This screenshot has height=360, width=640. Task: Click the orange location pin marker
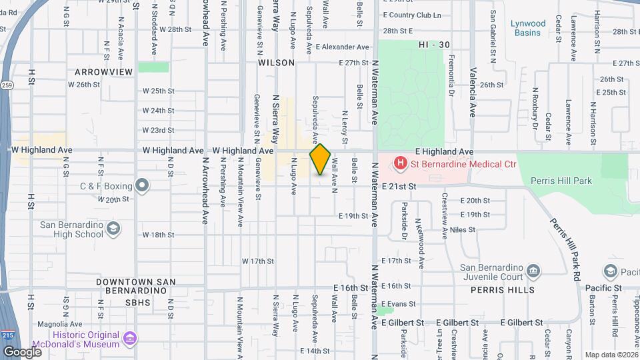pyautogui.click(x=321, y=159)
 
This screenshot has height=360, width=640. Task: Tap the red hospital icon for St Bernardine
pyautogui.click(x=401, y=162)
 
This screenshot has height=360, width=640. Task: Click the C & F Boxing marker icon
pyautogui.click(x=141, y=185)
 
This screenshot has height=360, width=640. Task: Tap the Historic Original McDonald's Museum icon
pyautogui.click(x=129, y=339)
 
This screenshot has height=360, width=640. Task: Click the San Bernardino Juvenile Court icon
pyautogui.click(x=533, y=270)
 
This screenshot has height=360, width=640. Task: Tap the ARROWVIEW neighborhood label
pyautogui.click(x=103, y=71)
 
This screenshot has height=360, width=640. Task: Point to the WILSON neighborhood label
pyautogui.click(x=276, y=63)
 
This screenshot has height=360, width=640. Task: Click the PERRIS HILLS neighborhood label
pyautogui.click(x=502, y=290)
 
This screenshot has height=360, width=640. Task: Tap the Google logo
pyautogui.click(x=22, y=351)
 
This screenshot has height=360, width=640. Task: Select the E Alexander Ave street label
pyautogui.click(x=343, y=47)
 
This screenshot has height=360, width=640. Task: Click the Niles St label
pyautogui.click(x=463, y=230)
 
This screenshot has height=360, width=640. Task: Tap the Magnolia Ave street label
pyautogui.click(x=59, y=324)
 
